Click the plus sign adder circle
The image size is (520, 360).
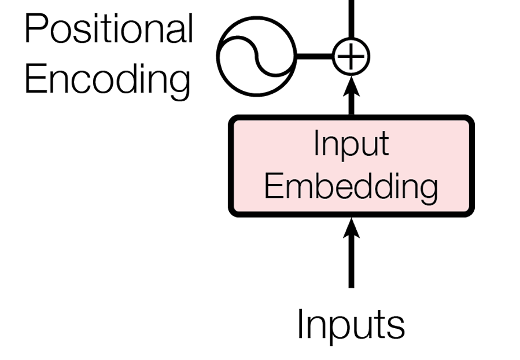[351, 57]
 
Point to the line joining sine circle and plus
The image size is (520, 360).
[314, 57]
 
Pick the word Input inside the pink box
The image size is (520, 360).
[351, 144]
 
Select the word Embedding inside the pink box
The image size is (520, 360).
[351, 186]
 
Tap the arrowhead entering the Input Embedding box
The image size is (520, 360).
[351, 227]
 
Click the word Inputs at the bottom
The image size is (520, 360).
[351, 325]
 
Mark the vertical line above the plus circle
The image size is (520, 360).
[351, 20]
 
